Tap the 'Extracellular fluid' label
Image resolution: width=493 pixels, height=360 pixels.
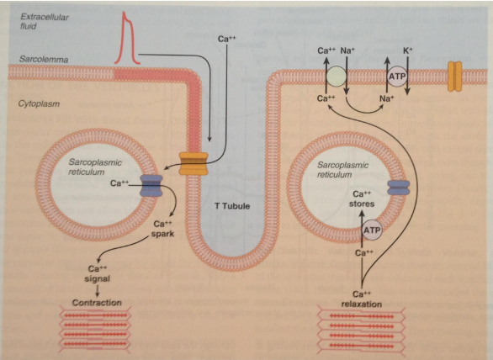(x=44, y=21)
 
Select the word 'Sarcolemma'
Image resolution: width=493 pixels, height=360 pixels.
(x=44, y=59)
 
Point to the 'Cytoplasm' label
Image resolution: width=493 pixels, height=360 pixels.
(x=39, y=103)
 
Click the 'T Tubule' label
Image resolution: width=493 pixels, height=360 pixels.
(x=232, y=206)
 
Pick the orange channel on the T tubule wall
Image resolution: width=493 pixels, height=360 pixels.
(x=193, y=163)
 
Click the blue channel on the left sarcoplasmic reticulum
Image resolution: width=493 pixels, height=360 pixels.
(x=151, y=186)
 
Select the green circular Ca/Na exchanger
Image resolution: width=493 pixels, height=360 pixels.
(x=337, y=77)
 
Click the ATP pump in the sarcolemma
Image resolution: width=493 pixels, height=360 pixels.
(x=397, y=77)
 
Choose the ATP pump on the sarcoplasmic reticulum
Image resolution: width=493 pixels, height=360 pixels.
(x=372, y=230)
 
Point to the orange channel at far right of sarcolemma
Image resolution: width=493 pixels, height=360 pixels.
(x=454, y=77)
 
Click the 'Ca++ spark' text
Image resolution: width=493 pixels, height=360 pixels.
(x=162, y=229)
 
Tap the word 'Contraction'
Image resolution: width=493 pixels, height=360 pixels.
(x=97, y=303)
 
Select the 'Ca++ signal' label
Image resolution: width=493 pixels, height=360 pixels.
(x=97, y=273)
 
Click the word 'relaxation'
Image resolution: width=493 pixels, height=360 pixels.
(x=362, y=304)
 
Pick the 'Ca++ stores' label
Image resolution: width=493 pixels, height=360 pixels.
(x=362, y=199)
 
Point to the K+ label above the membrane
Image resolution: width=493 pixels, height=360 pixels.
(x=407, y=50)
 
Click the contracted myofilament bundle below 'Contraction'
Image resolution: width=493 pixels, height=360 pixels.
(x=95, y=329)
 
